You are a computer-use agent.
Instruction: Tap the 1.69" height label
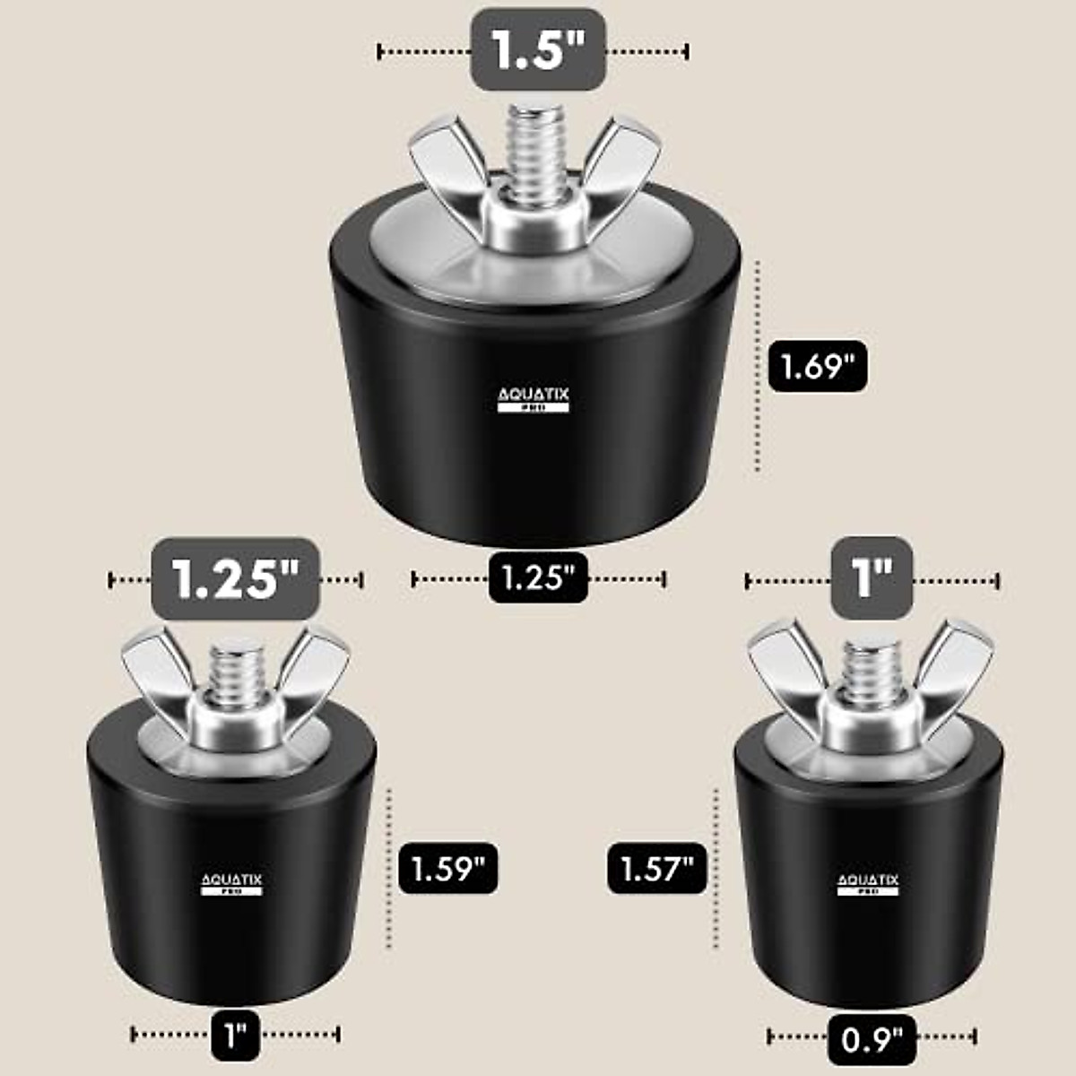click(817, 366)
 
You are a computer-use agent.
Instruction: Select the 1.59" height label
click(447, 868)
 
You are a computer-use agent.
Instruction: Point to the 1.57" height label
click(657, 868)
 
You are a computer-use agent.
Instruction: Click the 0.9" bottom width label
click(872, 1039)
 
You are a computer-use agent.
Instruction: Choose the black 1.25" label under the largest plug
click(538, 577)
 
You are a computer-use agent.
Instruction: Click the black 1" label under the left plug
click(236, 1035)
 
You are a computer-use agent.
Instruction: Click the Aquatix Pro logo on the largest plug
click(534, 400)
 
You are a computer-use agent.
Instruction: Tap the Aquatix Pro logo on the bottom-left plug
click(231, 884)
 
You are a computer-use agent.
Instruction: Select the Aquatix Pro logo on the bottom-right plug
click(868, 884)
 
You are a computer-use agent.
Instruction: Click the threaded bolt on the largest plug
click(536, 152)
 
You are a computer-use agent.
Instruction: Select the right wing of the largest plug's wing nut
click(623, 161)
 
